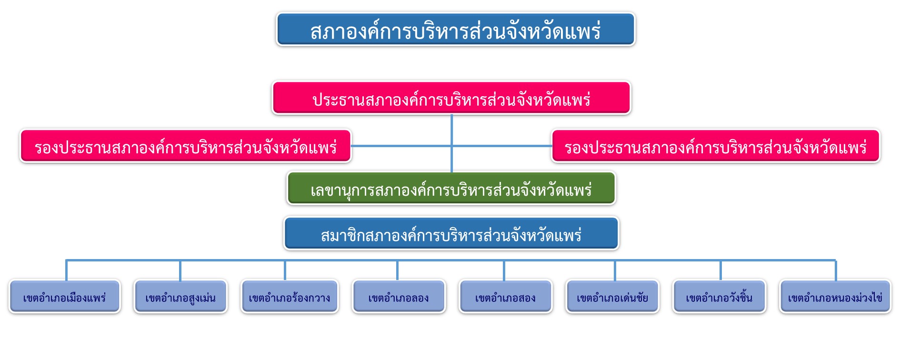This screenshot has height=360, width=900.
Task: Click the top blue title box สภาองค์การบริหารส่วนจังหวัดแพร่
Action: pos(456,30)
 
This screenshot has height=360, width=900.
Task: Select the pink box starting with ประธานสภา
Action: pos(451,98)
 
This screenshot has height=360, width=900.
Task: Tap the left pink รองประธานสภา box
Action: pos(186,146)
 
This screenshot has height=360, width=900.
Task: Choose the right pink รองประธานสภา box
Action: pos(716,146)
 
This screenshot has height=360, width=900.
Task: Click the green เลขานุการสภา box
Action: pos(451,189)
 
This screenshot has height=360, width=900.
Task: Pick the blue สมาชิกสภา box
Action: pos(451,233)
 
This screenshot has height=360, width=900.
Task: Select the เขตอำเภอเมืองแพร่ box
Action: pos(65,297)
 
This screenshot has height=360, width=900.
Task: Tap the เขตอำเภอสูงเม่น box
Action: pos(180,297)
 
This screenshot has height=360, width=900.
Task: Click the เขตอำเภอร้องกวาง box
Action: pos(290,297)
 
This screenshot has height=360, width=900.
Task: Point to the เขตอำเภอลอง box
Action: pos(399,297)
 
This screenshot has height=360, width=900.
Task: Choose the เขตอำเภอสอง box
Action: pos(505,297)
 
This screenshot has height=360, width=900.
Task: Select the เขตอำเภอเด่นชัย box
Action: pos(612,297)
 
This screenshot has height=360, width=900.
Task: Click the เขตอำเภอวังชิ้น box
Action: pos(719,297)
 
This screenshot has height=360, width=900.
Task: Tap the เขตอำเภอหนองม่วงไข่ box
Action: pos(835,297)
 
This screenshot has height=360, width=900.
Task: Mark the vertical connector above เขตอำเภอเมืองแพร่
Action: pos(66,270)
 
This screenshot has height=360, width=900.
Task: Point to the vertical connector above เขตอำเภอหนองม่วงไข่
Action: pos(836,270)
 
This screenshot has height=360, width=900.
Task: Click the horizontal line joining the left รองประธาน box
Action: pos(401,146)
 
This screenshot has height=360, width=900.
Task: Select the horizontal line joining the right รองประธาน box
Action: pos(502,146)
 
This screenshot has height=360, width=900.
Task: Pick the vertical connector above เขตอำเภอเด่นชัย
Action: pos(615,270)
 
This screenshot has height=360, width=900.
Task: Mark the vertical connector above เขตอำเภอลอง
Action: pos(397,270)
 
